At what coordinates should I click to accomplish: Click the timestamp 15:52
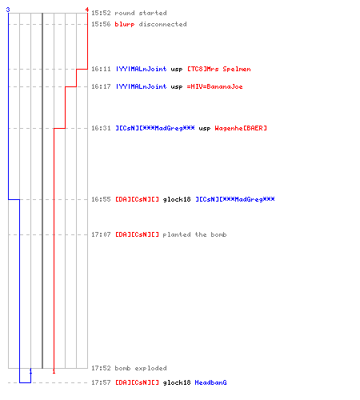tap(101, 13)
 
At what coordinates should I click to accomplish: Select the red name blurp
tap(125, 24)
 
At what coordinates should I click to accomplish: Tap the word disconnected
tap(162, 24)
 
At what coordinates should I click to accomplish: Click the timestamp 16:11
tap(101, 69)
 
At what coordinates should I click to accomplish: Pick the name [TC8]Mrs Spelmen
tap(219, 69)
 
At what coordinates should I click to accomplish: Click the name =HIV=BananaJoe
tap(215, 86)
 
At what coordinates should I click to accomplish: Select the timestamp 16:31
tap(101, 128)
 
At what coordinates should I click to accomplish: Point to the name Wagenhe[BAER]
tap(241, 128)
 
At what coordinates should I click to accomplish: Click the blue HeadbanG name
tap(210, 382)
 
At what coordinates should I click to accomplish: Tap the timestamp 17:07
tap(101, 234)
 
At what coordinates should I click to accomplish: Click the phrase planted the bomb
tap(194, 234)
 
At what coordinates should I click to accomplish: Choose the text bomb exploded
tap(141, 368)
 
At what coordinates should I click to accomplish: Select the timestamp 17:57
tap(101, 382)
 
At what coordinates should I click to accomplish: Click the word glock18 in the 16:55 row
tap(177, 199)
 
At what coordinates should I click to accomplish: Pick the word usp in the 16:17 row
tap(177, 87)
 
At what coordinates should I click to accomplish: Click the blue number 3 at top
tap(8, 10)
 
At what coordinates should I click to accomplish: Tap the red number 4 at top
tap(87, 10)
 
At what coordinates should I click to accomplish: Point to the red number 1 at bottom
tap(54, 371)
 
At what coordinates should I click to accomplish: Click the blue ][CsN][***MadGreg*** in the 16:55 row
tap(235, 199)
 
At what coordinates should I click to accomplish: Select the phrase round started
tap(141, 13)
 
